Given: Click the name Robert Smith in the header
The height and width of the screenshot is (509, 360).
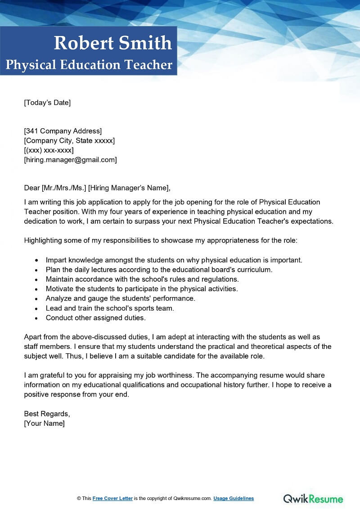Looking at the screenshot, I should tap(112, 43).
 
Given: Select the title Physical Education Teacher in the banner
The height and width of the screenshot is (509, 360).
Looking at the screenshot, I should tap(89, 65).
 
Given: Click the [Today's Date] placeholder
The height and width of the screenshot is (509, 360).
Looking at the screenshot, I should tap(47, 103).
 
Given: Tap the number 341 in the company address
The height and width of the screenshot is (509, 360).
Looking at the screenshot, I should tap(32, 131).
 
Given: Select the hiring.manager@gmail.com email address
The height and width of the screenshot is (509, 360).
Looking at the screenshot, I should tap(70, 160).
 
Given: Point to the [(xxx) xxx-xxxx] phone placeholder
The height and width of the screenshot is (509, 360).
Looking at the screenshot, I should tap(49, 150).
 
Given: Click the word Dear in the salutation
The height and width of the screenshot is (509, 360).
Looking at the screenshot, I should tap(31, 188).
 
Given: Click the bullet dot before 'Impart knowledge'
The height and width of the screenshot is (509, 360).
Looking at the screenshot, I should tap(36, 261).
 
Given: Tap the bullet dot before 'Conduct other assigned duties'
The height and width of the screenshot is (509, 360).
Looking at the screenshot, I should tap(36, 318).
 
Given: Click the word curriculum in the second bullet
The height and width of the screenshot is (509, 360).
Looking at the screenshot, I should tap(254, 270).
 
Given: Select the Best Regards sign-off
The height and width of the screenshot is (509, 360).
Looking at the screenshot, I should tap(47, 414).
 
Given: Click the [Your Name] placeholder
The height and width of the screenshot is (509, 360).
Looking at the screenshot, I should tap(44, 423).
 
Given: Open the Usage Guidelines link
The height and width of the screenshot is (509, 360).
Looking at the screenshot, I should tap(234, 499).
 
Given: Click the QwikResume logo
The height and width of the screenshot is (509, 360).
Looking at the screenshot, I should tap(313, 499).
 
